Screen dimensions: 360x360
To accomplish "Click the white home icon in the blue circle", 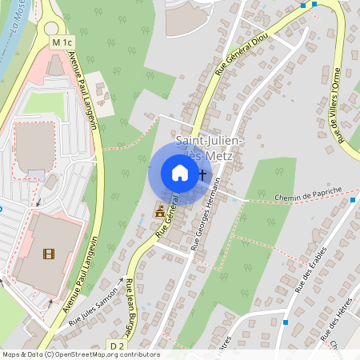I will pos(179,173).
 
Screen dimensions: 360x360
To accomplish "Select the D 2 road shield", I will pos(118,345).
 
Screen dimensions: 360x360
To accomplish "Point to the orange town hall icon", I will pos(159,212).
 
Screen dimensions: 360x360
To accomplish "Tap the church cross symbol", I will pos(202,174).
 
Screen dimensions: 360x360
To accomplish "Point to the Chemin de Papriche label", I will pos(309,194).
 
